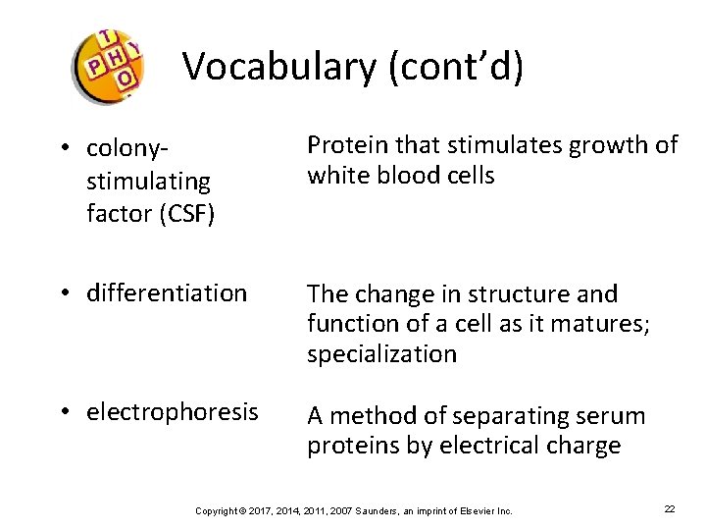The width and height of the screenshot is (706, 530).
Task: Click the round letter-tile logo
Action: pyautogui.click(x=108, y=65)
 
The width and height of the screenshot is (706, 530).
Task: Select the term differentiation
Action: pyautogui.click(x=167, y=292)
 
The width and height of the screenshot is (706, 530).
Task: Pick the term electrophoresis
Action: pyautogui.click(x=173, y=411)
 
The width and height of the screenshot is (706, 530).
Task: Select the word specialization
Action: pyautogui.click(x=381, y=353)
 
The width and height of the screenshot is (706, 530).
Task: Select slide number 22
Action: pyautogui.click(x=670, y=509)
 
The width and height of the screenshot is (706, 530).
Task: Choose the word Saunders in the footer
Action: pyautogui.click(x=378, y=510)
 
